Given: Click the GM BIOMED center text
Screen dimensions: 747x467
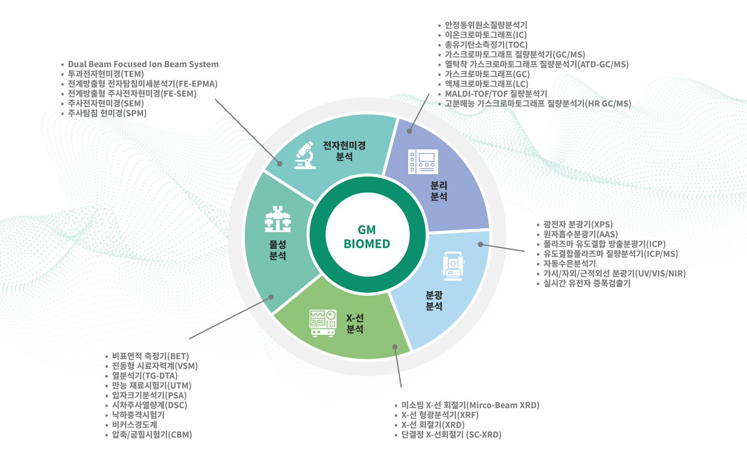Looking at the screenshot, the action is point(367,237).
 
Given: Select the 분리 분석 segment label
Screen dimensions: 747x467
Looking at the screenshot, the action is point(438,191).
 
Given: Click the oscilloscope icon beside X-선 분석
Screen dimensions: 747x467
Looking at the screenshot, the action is point(323,323).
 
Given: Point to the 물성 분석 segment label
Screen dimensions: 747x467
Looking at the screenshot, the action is point(278,250).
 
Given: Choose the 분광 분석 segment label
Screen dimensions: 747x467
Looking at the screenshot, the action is point(434,300).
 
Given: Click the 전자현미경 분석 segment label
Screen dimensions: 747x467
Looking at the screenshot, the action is point(344,151).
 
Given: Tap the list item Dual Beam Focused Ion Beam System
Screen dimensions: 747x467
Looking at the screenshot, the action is point(143,64).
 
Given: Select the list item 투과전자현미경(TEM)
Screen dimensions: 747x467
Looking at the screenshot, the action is point(106,74).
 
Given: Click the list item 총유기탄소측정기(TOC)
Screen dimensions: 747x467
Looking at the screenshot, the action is point(486,45).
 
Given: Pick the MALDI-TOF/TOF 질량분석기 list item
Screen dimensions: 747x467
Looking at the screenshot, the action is point(496,94).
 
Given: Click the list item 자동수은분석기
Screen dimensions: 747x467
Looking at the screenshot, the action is point(570,263).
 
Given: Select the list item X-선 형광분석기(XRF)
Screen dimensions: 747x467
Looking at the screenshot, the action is point(440,415).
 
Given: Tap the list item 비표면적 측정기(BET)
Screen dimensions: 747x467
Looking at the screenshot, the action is point(150,356).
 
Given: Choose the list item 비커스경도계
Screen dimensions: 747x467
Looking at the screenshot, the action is point(135,425).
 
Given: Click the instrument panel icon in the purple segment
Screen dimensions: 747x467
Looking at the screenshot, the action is point(423,162).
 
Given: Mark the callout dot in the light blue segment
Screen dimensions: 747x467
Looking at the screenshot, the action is point(480,244).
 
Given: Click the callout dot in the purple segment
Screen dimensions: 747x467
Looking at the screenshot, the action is point(409,131).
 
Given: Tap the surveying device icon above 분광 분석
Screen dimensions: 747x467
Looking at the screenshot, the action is point(453,266).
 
